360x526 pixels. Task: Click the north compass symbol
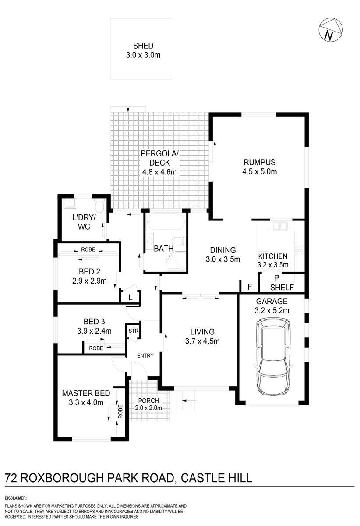tap(330, 30)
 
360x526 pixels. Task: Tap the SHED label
tap(144, 45)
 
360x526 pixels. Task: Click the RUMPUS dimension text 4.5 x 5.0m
tap(260, 171)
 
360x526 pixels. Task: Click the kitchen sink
tap(279, 226)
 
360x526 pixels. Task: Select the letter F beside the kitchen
tap(250, 288)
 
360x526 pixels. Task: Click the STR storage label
tap(132, 331)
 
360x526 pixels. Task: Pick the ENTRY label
tap(145, 355)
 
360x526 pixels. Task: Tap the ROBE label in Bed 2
tap(88, 249)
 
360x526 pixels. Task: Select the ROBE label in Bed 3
tap(96, 348)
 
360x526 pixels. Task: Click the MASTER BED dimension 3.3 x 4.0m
tap(85, 402)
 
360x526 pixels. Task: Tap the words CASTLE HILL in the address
tap(215, 477)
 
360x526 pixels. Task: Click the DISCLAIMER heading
tap(16, 498)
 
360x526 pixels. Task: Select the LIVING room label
tap(202, 331)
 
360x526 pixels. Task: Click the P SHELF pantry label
tap(276, 283)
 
